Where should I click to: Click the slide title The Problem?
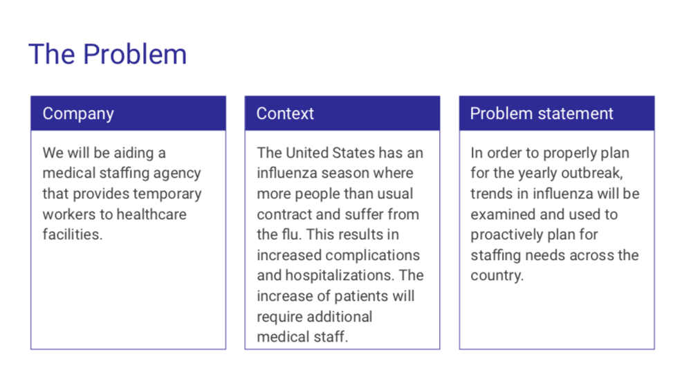(x=108, y=54)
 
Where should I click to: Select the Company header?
(x=78, y=113)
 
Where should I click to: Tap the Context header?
(x=285, y=113)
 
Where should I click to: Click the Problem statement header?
(x=541, y=113)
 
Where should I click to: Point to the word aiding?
(x=134, y=153)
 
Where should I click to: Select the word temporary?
(x=167, y=194)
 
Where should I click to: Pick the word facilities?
(x=73, y=234)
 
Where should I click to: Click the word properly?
(x=570, y=154)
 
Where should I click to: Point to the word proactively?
(x=506, y=235)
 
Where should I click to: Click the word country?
(x=497, y=276)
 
